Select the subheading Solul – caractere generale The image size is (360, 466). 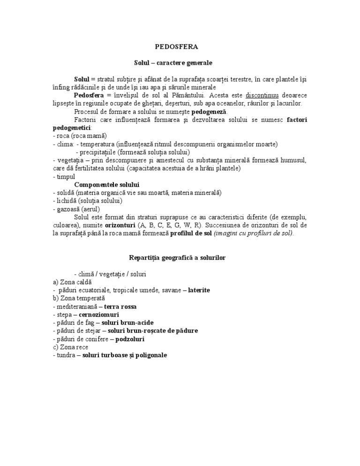[173, 62]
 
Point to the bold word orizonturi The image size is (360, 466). [117, 225]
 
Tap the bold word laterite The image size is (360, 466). [199, 290]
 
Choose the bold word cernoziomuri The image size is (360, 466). [99, 315]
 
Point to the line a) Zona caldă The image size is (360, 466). [72, 282]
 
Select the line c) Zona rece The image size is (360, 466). [70, 347]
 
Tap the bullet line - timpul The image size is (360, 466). [61, 176]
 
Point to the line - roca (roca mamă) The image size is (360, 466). [80, 136]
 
